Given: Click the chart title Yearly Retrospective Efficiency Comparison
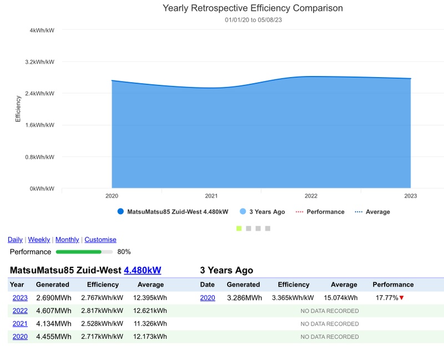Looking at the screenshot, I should (253, 8).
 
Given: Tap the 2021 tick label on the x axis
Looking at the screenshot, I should (211, 196).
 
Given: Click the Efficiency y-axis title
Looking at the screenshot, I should (18, 109).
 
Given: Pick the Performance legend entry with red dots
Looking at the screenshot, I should (320, 212).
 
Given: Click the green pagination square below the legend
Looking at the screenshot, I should (239, 228).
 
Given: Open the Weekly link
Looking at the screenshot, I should (39, 240).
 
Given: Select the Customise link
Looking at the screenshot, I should (100, 240).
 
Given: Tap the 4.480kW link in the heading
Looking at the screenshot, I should (142, 271).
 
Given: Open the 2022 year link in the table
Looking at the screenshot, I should (20, 311).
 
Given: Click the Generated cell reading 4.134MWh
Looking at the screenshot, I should (54, 323).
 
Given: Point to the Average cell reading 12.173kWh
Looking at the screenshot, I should (150, 337).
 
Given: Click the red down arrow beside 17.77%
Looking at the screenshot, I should (401, 298).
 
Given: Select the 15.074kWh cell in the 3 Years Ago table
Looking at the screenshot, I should (341, 298).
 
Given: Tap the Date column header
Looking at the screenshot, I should (207, 285).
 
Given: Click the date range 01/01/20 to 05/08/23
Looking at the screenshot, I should (253, 20).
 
